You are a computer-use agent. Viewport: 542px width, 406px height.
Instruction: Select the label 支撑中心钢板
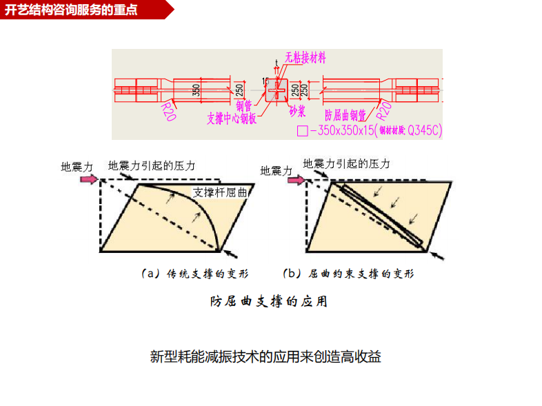pos(232,118)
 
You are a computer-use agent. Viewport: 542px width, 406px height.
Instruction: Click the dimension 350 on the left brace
pos(197,90)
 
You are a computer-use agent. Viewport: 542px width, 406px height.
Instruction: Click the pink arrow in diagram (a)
pos(88,179)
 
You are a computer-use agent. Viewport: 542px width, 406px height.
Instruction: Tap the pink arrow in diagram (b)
pos(294,180)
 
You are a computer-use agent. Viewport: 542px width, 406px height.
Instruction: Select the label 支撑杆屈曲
pos(220,192)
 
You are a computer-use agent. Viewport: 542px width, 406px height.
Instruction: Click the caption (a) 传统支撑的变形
pos(191,274)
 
